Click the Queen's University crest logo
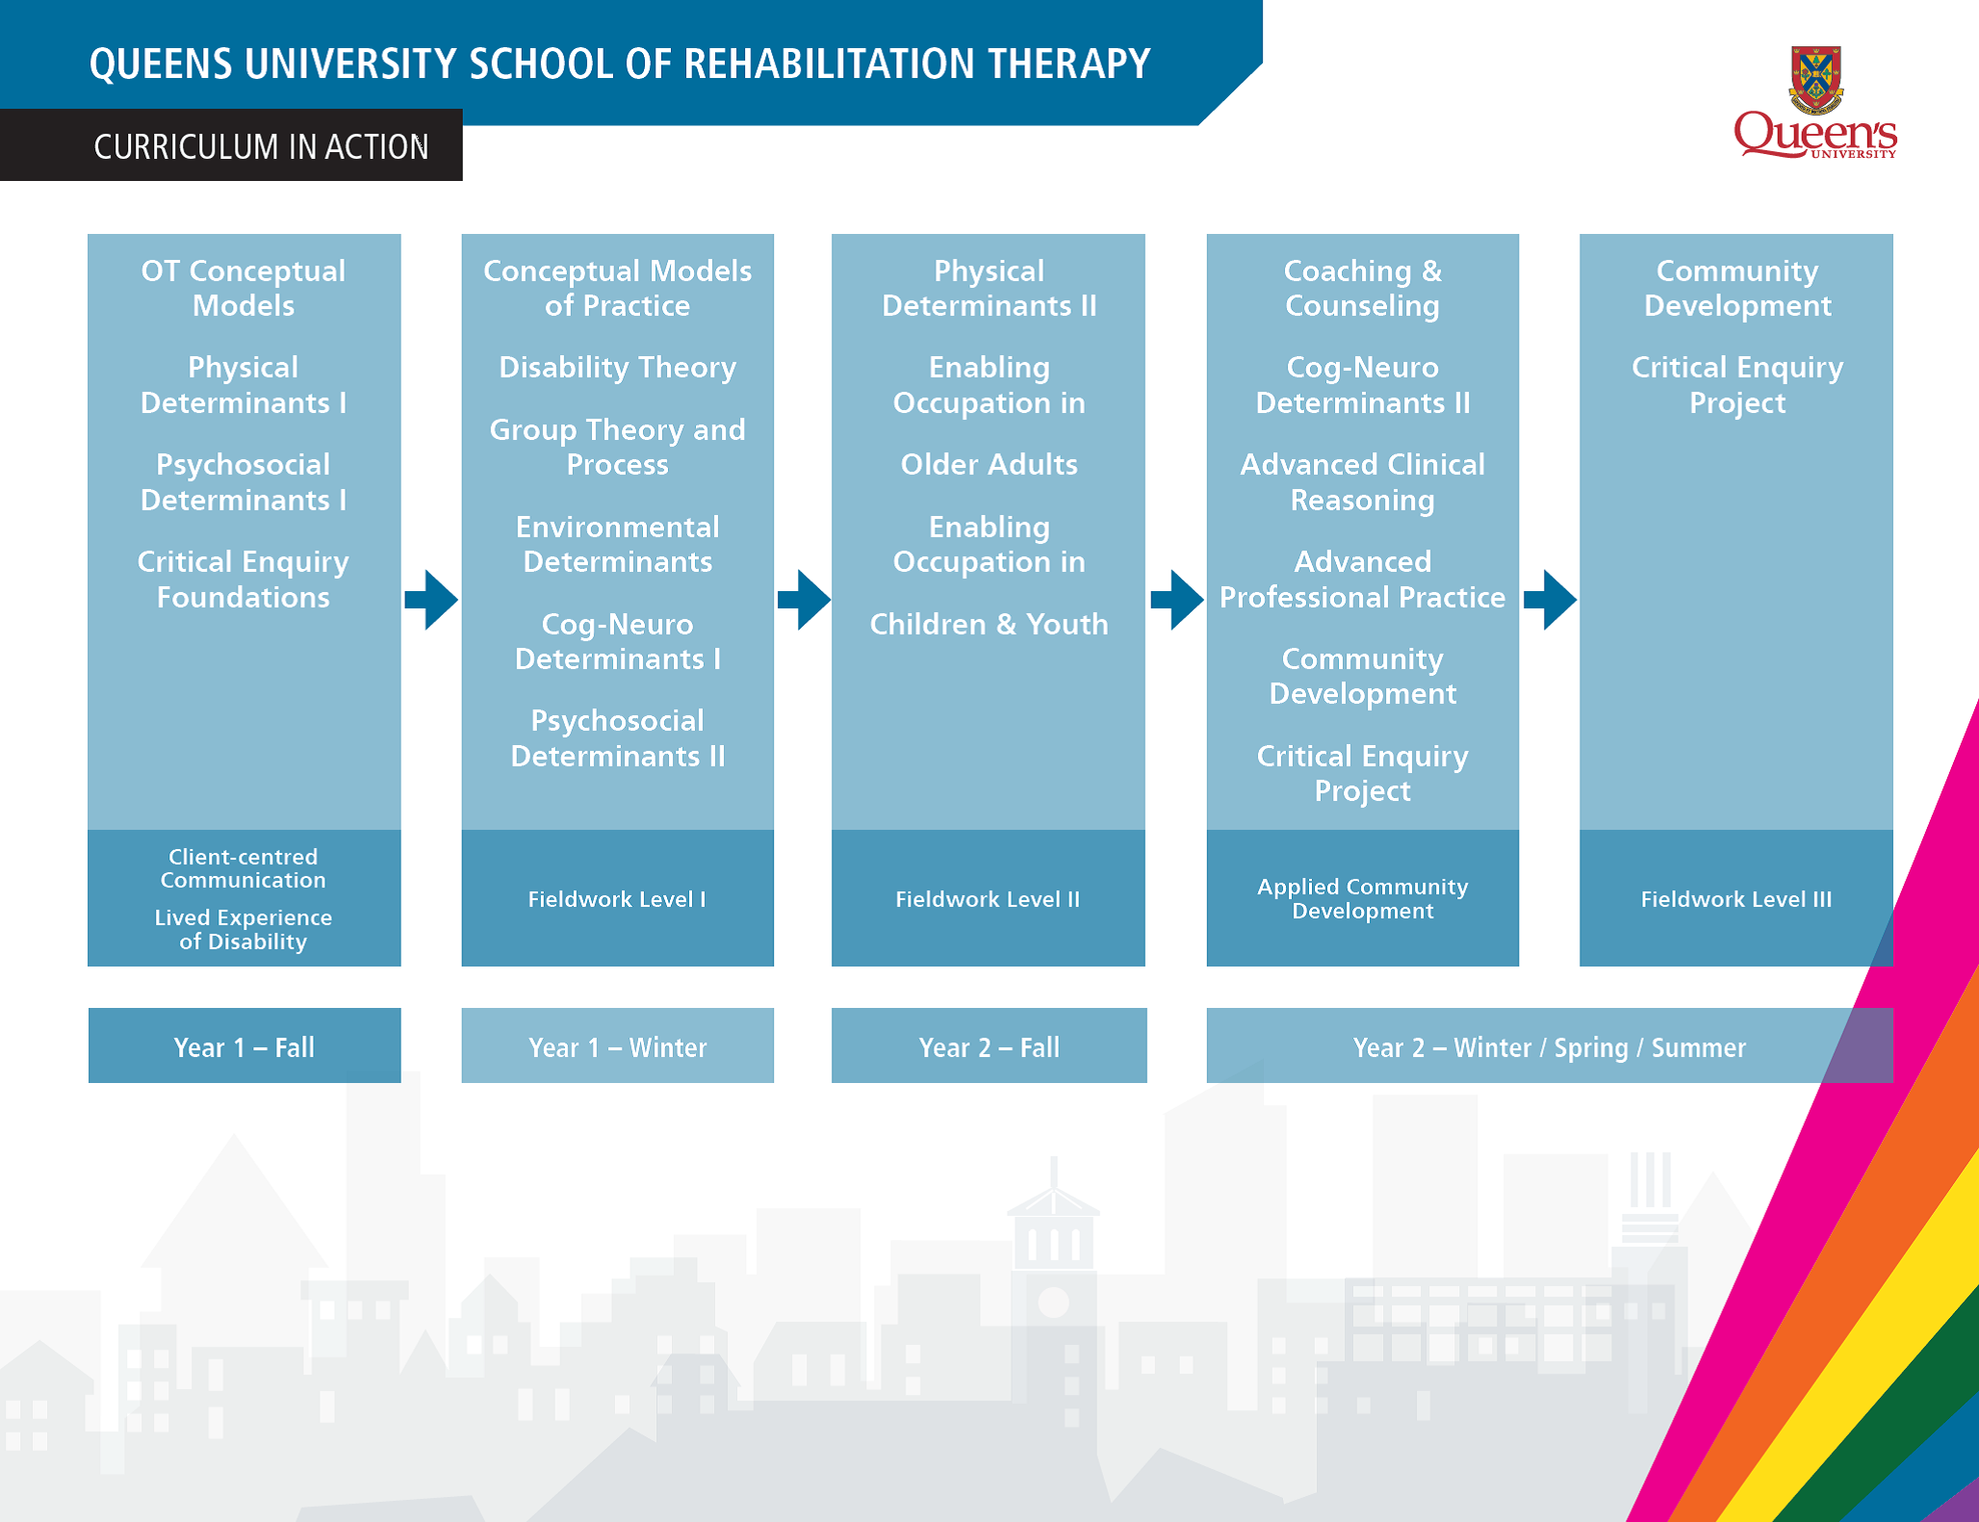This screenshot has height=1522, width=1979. pyautogui.click(x=1815, y=81)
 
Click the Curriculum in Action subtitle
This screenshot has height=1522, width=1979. pyautogui.click(x=261, y=146)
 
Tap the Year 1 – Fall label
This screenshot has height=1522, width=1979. pyautogui.click(x=244, y=1046)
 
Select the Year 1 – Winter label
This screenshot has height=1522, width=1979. pyautogui.click(x=617, y=1046)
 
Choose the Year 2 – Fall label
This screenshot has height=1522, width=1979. pyautogui.click(x=989, y=1046)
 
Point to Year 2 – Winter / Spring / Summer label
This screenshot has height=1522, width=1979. pyautogui.click(x=1549, y=1046)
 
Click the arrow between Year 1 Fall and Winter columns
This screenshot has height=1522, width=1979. pyautogui.click(x=431, y=600)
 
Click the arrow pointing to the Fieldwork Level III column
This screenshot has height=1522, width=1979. pyautogui.click(x=1550, y=600)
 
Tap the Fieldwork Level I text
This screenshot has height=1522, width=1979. pyautogui.click(x=617, y=899)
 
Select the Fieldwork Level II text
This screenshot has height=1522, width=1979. pyautogui.click(x=988, y=899)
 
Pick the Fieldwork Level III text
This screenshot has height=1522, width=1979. pyautogui.click(x=1735, y=899)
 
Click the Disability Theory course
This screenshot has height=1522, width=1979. pyautogui.click(x=617, y=368)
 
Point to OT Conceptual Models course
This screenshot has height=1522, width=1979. pyautogui.click(x=244, y=288)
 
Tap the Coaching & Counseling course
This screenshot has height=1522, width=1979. pyautogui.click(x=1362, y=288)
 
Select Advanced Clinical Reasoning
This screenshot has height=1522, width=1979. pyautogui.click(x=1362, y=482)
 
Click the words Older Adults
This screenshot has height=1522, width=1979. pyautogui.click(x=989, y=465)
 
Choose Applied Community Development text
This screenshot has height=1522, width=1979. pyautogui.click(x=1362, y=898)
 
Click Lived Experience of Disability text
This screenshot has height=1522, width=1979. pyautogui.click(x=244, y=929)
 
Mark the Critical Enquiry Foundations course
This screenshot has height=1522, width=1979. pyautogui.click(x=244, y=579)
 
